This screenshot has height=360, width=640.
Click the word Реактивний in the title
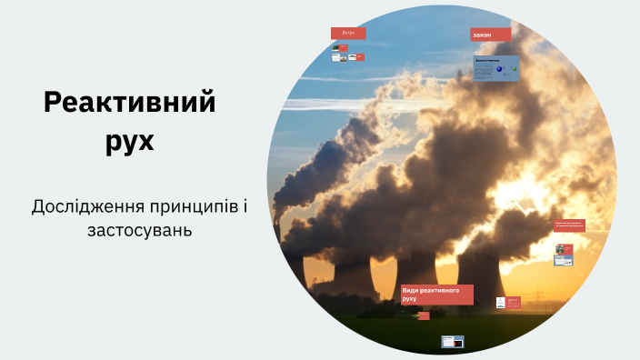(x=130, y=103)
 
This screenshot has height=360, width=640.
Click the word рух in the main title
(x=130, y=142)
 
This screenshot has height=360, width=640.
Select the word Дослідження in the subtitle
(x=82, y=206)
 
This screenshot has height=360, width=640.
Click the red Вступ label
(x=348, y=33)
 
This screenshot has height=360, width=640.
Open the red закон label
(x=490, y=35)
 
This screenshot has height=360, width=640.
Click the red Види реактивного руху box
(x=436, y=294)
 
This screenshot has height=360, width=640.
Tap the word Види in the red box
(x=411, y=290)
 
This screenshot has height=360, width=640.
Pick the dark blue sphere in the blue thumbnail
(x=499, y=69)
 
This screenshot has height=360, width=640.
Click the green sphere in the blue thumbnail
(x=514, y=69)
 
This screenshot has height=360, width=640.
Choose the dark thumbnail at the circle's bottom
(x=453, y=342)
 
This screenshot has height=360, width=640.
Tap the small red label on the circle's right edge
(x=569, y=225)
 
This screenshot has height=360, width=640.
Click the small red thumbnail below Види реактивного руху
(x=423, y=316)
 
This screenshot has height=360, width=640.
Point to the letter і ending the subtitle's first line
(x=245, y=206)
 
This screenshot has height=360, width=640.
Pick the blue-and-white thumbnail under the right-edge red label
(x=564, y=261)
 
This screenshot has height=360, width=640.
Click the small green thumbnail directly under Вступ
(x=343, y=48)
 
